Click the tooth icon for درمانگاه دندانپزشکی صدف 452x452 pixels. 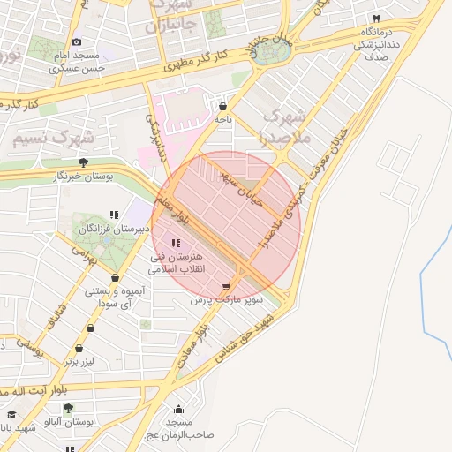377,19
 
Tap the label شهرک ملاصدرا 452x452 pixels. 285,127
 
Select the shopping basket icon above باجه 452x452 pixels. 222,106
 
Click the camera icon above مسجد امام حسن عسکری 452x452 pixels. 77,42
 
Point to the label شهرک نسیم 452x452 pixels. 41,138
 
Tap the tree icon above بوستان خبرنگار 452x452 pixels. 83,162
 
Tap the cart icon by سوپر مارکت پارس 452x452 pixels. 227,286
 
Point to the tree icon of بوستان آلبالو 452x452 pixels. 68,408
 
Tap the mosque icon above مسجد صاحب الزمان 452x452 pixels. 179,409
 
